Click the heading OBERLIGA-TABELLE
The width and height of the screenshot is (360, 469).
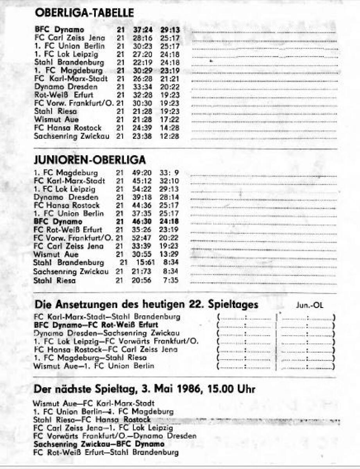84,13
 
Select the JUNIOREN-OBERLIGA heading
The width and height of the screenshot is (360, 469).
90,160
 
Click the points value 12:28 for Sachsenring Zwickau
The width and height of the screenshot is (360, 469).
169,136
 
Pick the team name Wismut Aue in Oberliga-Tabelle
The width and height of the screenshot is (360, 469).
56,120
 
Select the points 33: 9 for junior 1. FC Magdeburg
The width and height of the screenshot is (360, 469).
169,172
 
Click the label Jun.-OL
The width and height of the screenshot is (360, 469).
310,306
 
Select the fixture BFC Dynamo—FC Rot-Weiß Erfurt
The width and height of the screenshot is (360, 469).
96,325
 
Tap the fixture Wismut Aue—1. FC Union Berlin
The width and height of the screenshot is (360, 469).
94,366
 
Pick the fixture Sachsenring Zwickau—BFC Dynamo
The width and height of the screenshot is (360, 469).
99,444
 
